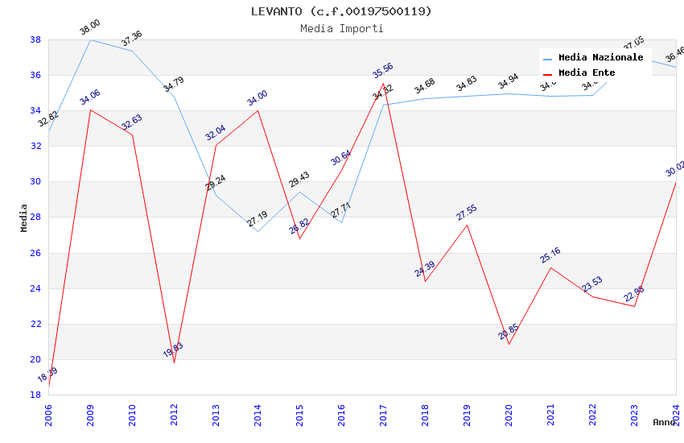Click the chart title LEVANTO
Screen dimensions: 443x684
coord(341,11)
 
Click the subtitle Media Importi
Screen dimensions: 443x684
coord(341,28)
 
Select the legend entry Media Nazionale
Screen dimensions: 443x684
coord(600,57)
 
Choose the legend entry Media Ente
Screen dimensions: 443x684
coord(586,72)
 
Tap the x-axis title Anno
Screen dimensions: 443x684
coord(664,422)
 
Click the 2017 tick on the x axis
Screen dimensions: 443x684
coord(384,412)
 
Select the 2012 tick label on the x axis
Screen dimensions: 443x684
coord(175,412)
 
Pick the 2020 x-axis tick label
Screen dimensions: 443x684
coord(509,412)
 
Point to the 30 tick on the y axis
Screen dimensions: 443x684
coord(35,182)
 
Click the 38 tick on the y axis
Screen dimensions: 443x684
coord(35,39)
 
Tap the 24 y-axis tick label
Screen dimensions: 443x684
coord(35,288)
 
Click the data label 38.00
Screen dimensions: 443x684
coord(90,27)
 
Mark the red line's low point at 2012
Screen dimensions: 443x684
coord(174,362)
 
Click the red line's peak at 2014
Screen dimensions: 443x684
coord(258,110)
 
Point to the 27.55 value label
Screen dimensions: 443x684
coord(467,213)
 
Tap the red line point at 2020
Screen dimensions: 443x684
coord(509,345)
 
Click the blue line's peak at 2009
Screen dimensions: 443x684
coord(90,39)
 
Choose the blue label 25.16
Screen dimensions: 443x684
coord(550,255)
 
